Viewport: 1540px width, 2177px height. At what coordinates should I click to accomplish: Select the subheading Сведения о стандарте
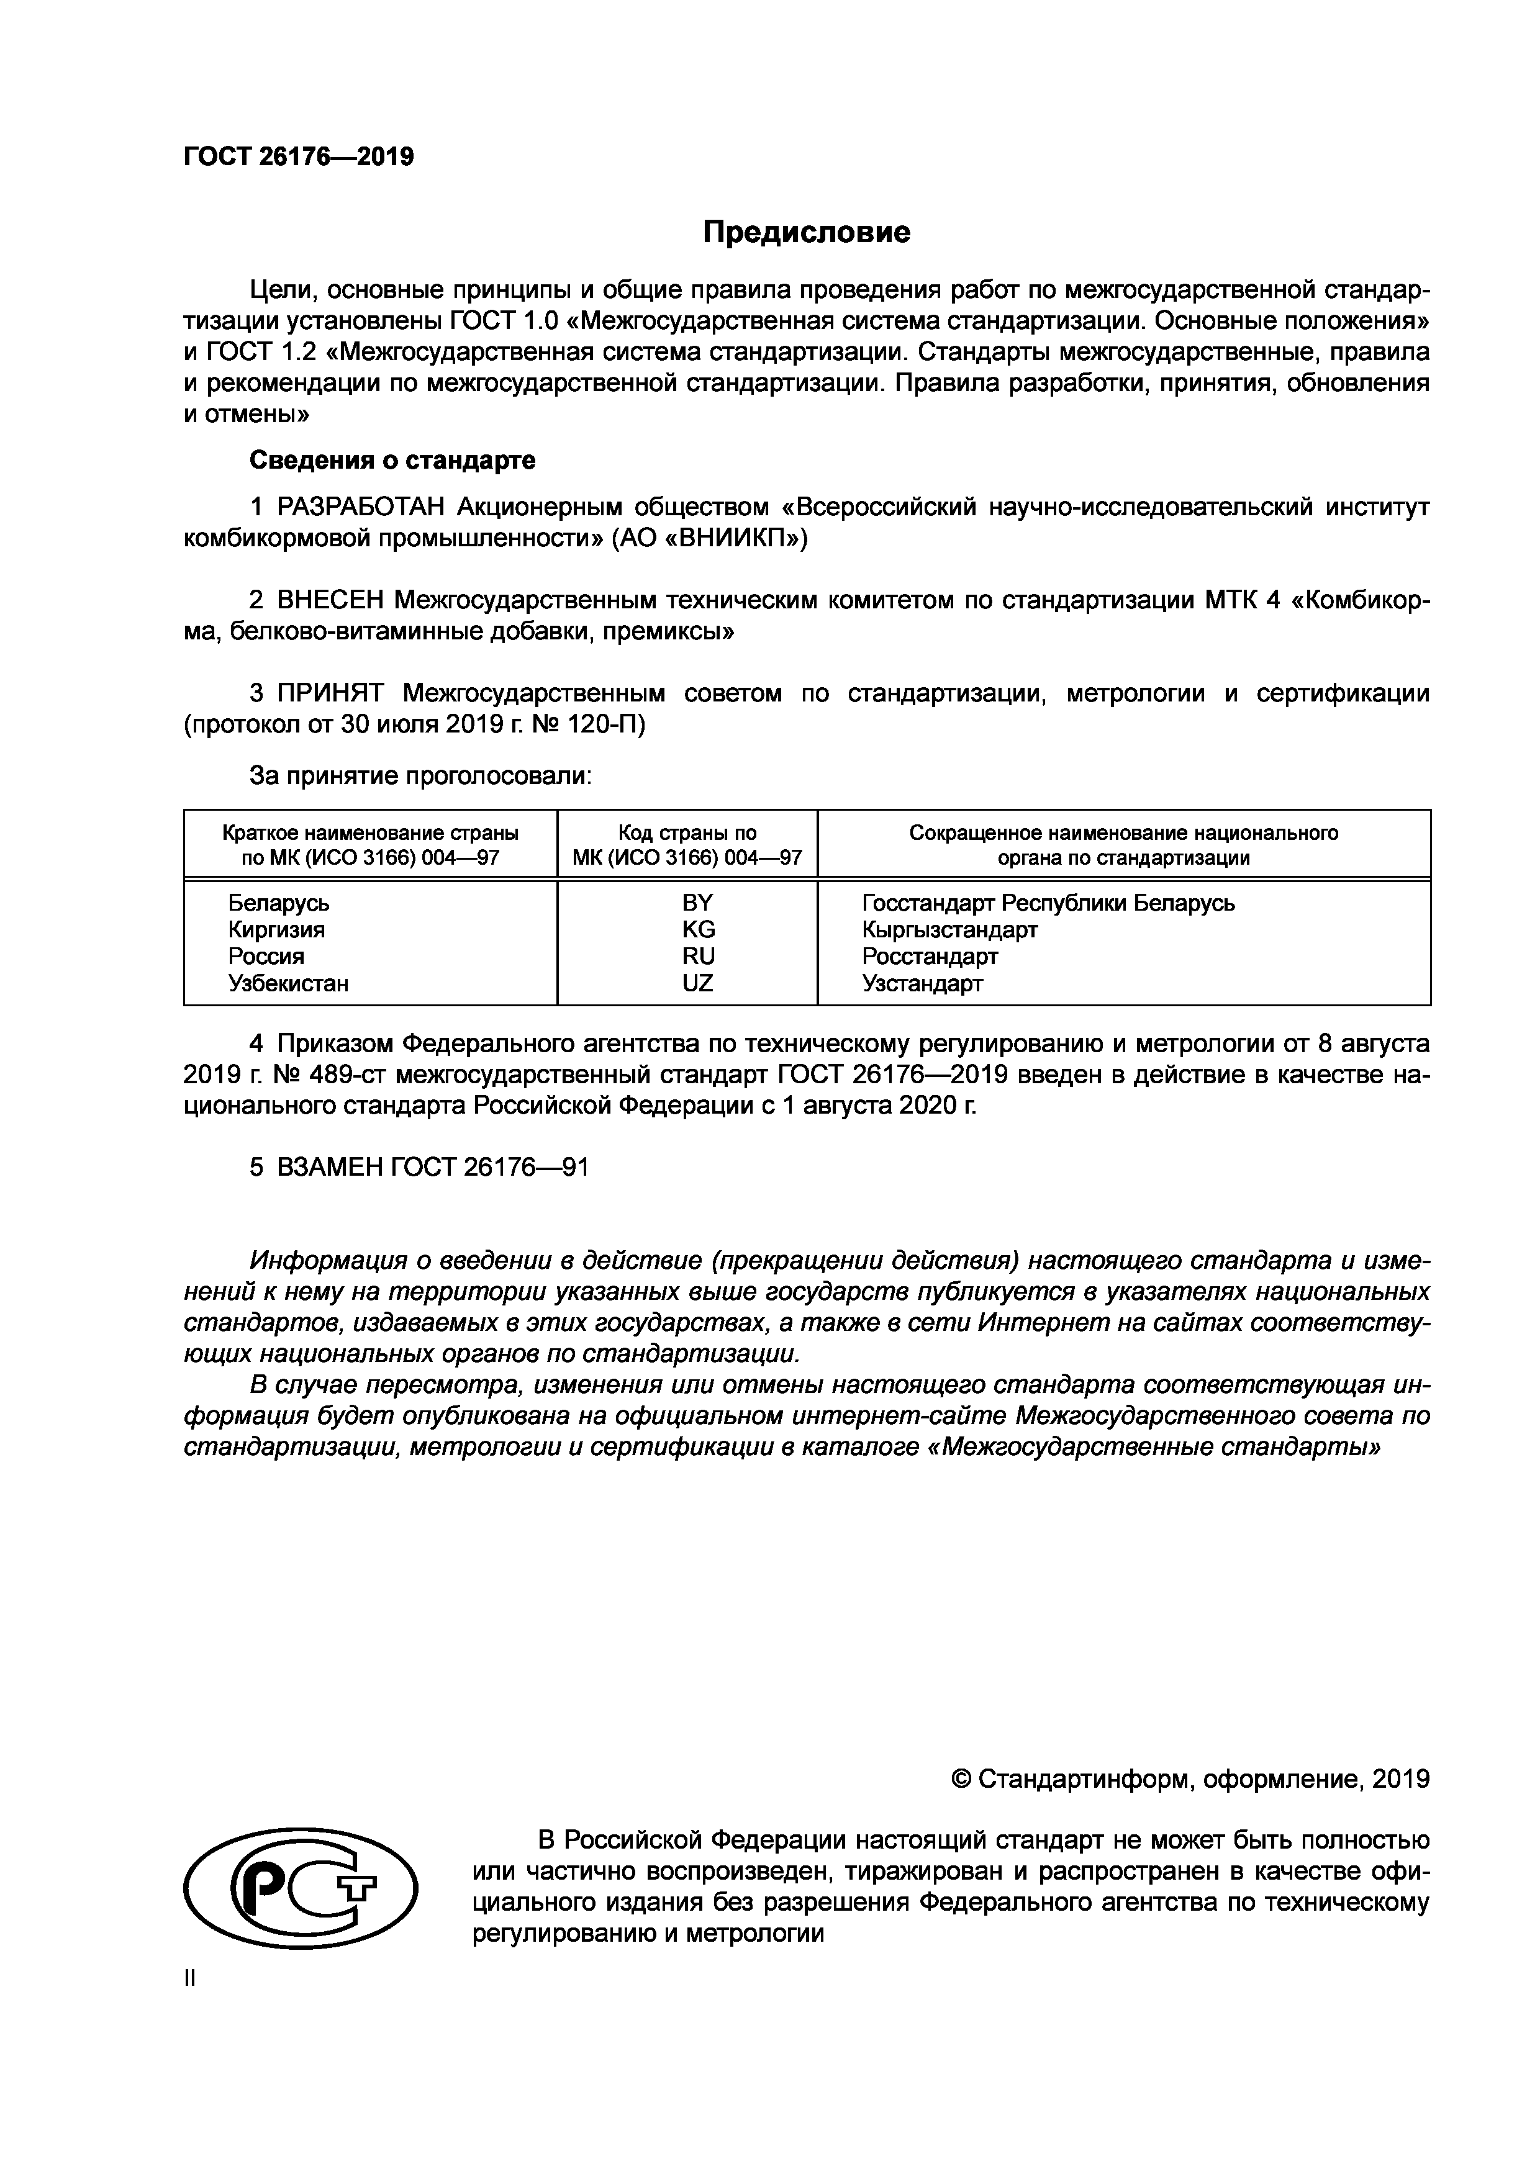coord(392,461)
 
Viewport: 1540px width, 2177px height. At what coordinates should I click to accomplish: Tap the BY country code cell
coord(698,903)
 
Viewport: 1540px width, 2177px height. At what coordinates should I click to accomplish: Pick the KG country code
coord(698,929)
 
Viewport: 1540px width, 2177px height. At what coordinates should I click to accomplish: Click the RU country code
coord(698,956)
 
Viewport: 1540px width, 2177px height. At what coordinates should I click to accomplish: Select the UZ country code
coord(698,983)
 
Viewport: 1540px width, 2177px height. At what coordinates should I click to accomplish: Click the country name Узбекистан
coord(288,983)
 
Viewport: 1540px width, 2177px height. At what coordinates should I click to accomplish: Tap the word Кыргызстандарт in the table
coord(949,929)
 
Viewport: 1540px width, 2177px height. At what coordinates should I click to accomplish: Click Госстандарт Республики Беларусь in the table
coord(1048,903)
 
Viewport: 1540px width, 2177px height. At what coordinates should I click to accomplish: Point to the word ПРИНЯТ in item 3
coord(332,694)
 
